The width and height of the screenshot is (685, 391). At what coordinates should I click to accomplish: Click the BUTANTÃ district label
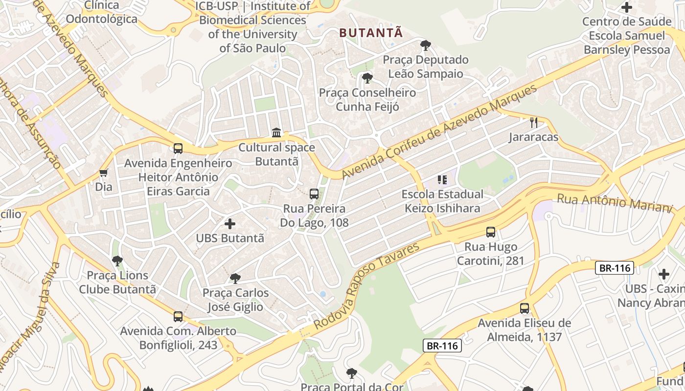tap(371, 33)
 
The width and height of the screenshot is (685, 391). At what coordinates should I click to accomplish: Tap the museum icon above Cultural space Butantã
tap(276, 132)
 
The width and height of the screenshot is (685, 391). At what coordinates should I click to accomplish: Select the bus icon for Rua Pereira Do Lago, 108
tap(314, 194)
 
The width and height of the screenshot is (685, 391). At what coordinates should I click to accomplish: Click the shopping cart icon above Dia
tap(104, 173)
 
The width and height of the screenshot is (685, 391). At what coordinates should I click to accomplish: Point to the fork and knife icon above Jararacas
tap(534, 123)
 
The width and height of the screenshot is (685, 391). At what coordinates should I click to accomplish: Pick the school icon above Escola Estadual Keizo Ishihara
tap(442, 180)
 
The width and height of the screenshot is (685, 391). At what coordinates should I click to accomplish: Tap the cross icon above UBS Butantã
tap(230, 224)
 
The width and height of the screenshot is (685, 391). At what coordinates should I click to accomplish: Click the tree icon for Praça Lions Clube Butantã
tap(117, 261)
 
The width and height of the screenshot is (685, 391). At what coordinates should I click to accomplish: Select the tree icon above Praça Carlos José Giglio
tap(235, 279)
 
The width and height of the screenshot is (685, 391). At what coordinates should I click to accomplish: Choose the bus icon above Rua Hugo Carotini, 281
tap(491, 232)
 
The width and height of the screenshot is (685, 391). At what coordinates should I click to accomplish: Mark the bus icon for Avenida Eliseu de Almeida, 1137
tap(525, 308)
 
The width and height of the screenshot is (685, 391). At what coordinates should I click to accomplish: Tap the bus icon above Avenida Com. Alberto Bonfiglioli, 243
tap(178, 316)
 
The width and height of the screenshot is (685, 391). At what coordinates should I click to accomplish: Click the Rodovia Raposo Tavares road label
tap(366, 285)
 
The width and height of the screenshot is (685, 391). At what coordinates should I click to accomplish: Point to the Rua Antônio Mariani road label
tap(615, 203)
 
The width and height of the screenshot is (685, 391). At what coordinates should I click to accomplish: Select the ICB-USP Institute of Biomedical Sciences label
tap(252, 27)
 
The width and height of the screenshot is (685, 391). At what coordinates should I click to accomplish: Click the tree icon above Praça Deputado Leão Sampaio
tap(426, 46)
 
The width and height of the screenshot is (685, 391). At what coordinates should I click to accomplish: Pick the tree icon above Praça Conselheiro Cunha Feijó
tap(367, 78)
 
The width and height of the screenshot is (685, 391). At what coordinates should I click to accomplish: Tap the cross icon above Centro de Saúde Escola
tap(627, 7)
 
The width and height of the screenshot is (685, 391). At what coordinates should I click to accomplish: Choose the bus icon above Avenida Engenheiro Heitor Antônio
tap(178, 148)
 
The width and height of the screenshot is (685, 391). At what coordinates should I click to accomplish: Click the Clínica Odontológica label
tap(102, 12)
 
